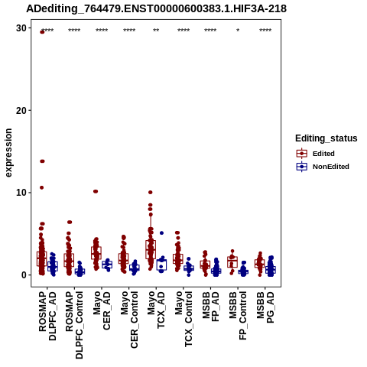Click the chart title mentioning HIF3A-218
click(x=156, y=8)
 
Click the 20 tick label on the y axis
click(x=21, y=110)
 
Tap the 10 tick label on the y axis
click(x=21, y=193)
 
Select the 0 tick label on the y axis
click(x=24, y=275)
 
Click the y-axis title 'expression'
click(x=8, y=153)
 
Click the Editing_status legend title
click(x=326, y=138)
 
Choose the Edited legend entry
click(x=323, y=154)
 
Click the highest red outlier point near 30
click(x=42, y=32)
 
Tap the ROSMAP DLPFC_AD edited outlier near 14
click(x=42, y=161)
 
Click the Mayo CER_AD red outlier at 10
click(x=96, y=191)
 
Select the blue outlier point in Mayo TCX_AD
click(x=161, y=233)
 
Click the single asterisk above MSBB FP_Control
click(x=238, y=31)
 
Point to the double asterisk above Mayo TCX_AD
click(x=156, y=31)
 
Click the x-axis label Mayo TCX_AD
click(x=156, y=310)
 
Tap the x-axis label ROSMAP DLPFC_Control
click(x=74, y=325)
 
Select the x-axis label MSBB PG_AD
click(x=265, y=307)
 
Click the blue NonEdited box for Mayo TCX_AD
click(x=161, y=265)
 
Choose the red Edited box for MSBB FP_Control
click(x=232, y=262)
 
